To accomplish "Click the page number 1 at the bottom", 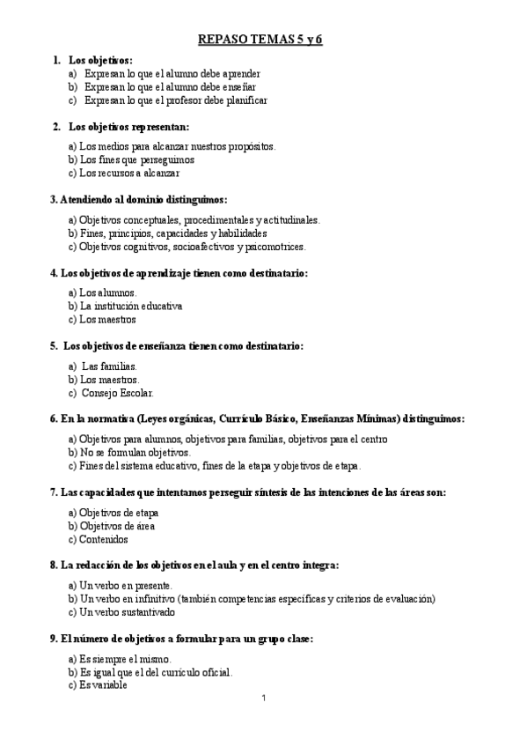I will tap(263, 699).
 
